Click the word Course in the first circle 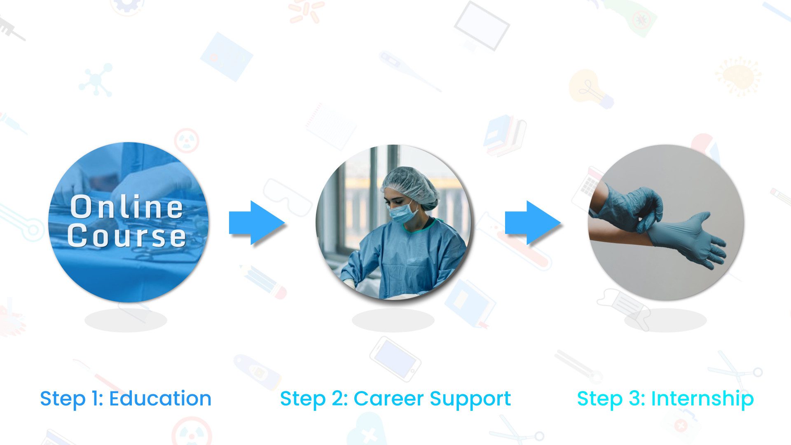tap(127, 236)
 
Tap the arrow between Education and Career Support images tap(257, 222)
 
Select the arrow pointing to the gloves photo tap(533, 222)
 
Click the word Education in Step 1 tap(160, 398)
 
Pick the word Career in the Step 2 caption tap(389, 399)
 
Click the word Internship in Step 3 tap(702, 399)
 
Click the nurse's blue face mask tap(403, 213)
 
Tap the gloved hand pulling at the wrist tap(628, 208)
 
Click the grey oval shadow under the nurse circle tap(393, 320)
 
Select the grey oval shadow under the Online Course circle tap(126, 320)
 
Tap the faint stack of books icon tap(504, 136)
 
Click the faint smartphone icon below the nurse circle tap(395, 359)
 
